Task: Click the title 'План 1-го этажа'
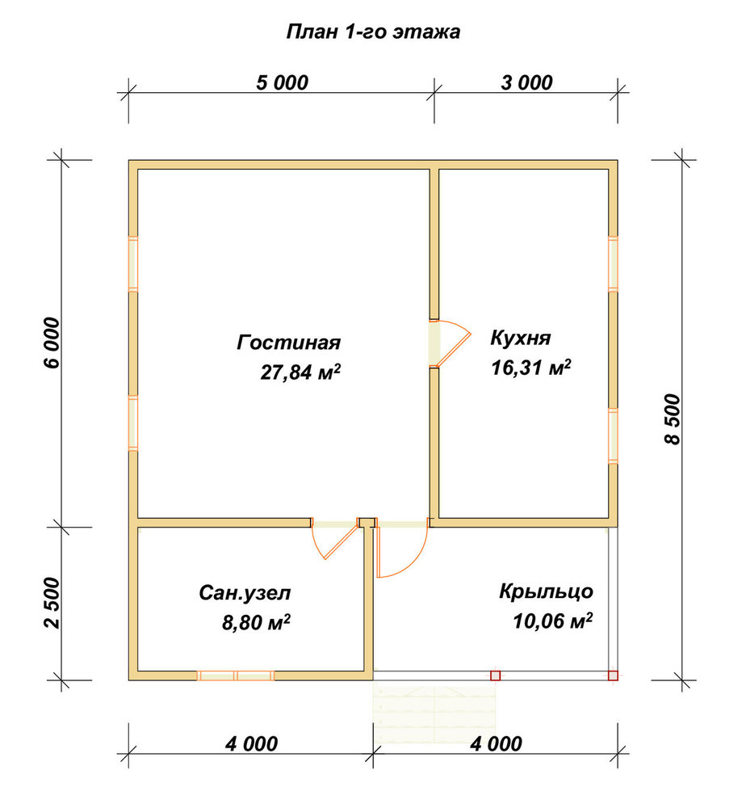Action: click(x=373, y=32)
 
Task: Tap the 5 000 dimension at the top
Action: click(x=282, y=82)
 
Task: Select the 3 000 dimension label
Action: click(x=526, y=82)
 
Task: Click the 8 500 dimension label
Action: click(x=673, y=419)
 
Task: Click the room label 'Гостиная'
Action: click(x=288, y=342)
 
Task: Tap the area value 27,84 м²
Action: click(x=300, y=372)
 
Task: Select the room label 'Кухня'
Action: click(x=521, y=338)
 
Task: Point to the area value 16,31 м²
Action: click(x=531, y=368)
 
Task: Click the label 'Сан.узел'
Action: click(x=245, y=593)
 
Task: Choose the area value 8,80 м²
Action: click(x=256, y=622)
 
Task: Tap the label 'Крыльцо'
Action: click(x=546, y=591)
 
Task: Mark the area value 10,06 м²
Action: click(x=552, y=621)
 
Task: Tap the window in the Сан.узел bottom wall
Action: click(x=235, y=675)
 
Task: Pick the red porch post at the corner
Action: click(x=613, y=675)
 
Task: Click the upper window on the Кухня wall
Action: click(x=613, y=264)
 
